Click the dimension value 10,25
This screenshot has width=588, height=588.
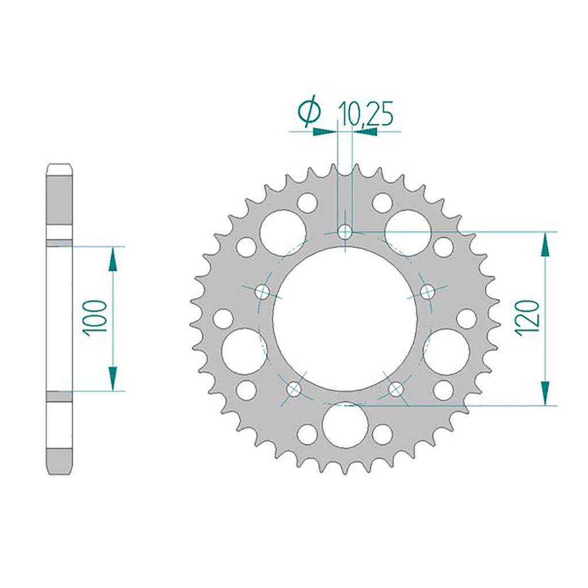pos(366,114)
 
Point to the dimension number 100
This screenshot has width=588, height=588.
pos(95,318)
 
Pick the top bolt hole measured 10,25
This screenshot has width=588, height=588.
pos(345,232)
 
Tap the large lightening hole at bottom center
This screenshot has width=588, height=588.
pos(345,425)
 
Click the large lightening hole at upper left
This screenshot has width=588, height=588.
pos(283,233)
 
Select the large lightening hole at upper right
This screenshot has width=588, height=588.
pos(408,233)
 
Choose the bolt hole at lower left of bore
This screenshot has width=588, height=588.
pos(294,389)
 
